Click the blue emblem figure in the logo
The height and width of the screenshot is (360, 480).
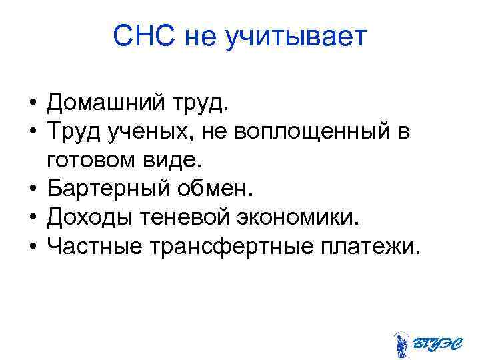(401, 344)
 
